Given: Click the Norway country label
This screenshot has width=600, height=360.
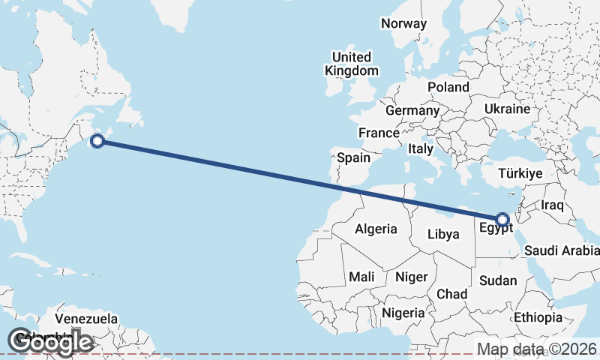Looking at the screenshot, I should [403, 23].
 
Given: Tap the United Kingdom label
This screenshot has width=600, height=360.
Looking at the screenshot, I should [351, 64].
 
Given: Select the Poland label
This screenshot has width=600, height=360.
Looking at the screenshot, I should [448, 87].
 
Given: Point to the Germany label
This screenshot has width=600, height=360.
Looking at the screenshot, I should [412, 110].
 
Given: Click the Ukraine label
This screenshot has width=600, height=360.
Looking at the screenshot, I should [507, 109].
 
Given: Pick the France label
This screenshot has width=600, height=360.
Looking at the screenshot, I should [379, 133].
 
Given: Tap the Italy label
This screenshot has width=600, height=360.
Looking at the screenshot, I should [421, 149].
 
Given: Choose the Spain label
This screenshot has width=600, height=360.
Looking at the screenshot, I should [353, 157].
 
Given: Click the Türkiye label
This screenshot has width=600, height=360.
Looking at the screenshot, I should [520, 174].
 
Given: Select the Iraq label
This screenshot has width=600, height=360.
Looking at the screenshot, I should [552, 205].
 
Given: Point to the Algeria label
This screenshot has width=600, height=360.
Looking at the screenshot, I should [376, 229].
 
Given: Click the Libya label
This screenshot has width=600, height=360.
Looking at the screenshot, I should [442, 234].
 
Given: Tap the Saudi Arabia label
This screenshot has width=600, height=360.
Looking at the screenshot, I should [562, 250].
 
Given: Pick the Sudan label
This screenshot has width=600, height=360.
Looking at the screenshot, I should [498, 280].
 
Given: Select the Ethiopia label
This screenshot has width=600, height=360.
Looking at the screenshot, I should [538, 317].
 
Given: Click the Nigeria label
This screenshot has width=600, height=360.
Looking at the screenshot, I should [403, 312].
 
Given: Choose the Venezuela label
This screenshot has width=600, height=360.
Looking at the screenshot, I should [87, 319].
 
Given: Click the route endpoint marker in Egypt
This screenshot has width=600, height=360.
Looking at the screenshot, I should [502, 220].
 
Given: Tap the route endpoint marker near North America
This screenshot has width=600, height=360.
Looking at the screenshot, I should [97, 139].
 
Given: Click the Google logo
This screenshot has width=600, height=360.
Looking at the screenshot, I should [50, 341].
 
